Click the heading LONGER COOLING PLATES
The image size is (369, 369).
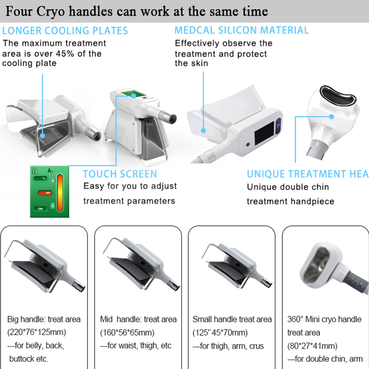(x=65, y=31)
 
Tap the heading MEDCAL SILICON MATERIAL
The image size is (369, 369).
(x=241, y=30)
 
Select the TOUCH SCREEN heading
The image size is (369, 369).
(x=120, y=174)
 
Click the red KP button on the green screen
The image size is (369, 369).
(x=45, y=193)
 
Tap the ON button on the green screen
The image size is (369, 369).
(x=40, y=209)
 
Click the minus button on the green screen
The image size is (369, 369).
(x=53, y=206)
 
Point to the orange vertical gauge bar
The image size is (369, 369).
(x=60, y=193)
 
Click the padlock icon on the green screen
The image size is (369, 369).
(x=35, y=170)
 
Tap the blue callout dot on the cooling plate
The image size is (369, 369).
(x=42, y=136)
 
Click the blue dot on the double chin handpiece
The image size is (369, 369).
(x=331, y=117)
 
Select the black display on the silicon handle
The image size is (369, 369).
(x=264, y=133)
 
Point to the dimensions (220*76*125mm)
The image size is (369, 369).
(x=37, y=332)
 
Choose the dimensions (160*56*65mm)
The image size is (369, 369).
(x=127, y=333)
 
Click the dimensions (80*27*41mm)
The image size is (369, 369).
(x=312, y=346)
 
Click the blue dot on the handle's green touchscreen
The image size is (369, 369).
(x=133, y=96)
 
